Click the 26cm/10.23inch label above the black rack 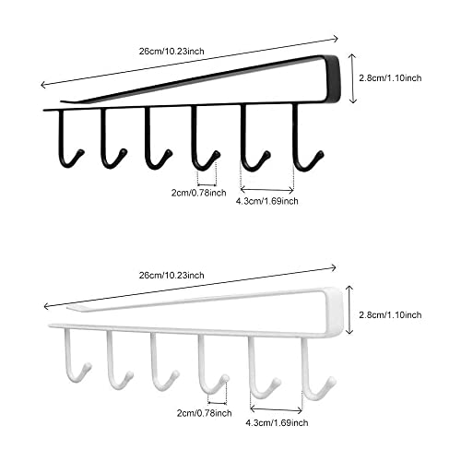171,51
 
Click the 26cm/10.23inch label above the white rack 171,275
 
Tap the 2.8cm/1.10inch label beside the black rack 390,78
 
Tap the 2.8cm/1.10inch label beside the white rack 390,314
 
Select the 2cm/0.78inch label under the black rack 199,193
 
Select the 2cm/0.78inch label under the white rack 204,413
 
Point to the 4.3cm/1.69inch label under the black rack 266,201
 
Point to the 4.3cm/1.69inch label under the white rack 277,423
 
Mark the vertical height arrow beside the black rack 352,78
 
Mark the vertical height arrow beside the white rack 349,309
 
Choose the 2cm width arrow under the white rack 218,403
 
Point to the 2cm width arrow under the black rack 207,184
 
